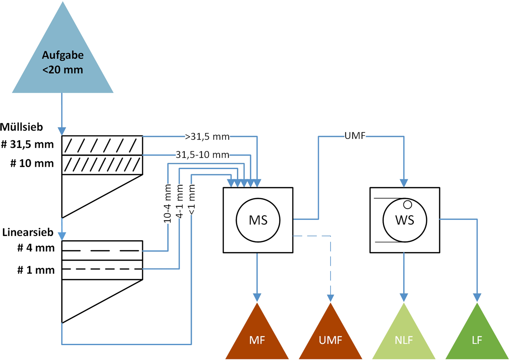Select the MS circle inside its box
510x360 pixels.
pyautogui.click(x=258, y=220)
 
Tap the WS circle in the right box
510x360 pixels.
pyautogui.click(x=405, y=220)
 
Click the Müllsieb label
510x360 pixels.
pyautogui.click(x=22, y=127)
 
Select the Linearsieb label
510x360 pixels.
pyautogui.click(x=28, y=232)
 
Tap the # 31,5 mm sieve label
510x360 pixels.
pyautogui.click(x=27, y=144)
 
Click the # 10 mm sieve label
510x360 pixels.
pyautogui.click(x=32, y=163)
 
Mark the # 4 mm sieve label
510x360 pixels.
pyautogui.click(x=36, y=248)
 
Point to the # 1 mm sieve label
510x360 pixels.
pyautogui.click(x=36, y=270)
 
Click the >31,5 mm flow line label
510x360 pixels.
pyautogui.click(x=207, y=137)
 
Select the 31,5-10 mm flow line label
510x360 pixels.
pyautogui.click(x=202, y=155)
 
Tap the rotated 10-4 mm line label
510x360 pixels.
pyautogui.click(x=168, y=204)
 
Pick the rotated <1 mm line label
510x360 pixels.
pyautogui.click(x=192, y=200)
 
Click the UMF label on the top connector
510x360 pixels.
pyautogui.click(x=355, y=136)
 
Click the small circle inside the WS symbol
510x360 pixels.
pyautogui.click(x=407, y=204)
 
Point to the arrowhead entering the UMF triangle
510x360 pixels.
pyautogui.click(x=331, y=298)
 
